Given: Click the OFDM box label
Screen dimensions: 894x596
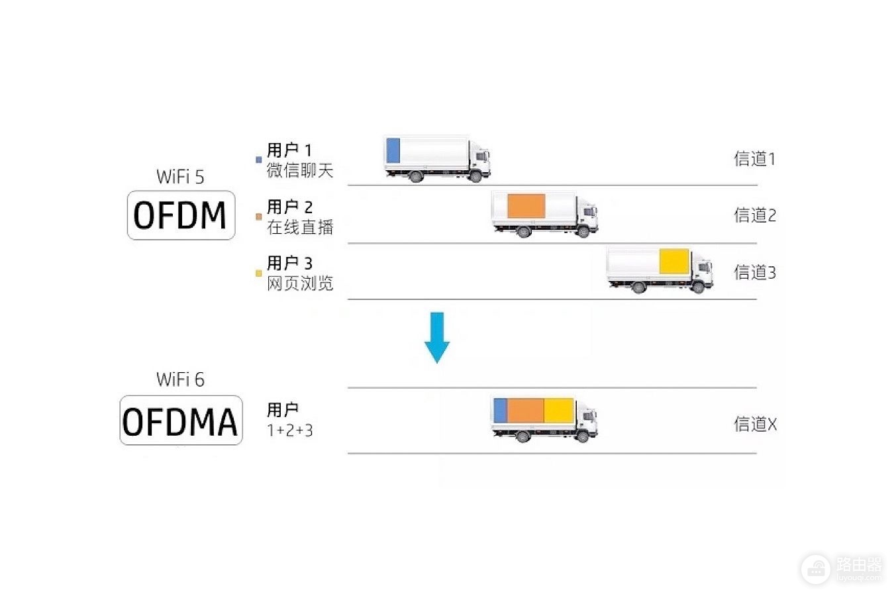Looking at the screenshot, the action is point(181,215).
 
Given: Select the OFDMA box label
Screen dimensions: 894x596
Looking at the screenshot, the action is point(181,421).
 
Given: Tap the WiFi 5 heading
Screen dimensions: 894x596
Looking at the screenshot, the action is point(180,177).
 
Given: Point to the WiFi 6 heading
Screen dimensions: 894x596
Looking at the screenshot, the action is point(180,379).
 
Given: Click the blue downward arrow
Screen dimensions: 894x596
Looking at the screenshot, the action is point(437,338).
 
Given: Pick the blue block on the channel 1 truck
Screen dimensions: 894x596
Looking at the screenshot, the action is point(393,150).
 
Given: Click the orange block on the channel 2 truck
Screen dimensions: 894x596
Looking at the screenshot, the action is point(526,207).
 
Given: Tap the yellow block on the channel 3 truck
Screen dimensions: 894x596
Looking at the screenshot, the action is point(674,261).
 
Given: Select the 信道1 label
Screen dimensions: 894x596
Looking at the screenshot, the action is point(755,159).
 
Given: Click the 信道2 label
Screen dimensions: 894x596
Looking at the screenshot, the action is point(755,216).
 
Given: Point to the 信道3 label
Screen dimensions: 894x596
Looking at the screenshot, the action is point(755,273).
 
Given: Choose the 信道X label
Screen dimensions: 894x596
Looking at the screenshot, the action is point(756,424).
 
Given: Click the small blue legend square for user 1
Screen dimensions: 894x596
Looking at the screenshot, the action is point(259,160).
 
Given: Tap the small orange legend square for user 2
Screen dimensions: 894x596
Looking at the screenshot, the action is point(259,217).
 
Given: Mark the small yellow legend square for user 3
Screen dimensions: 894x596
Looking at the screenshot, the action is point(259,273).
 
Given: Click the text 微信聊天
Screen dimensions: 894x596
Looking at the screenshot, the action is point(300,170).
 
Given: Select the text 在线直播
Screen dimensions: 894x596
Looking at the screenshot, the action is point(300,228).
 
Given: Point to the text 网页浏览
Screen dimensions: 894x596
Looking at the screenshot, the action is point(300,284).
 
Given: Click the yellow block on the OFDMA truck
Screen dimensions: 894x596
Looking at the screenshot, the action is point(559,411).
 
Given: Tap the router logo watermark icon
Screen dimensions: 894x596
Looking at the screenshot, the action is point(816,569).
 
